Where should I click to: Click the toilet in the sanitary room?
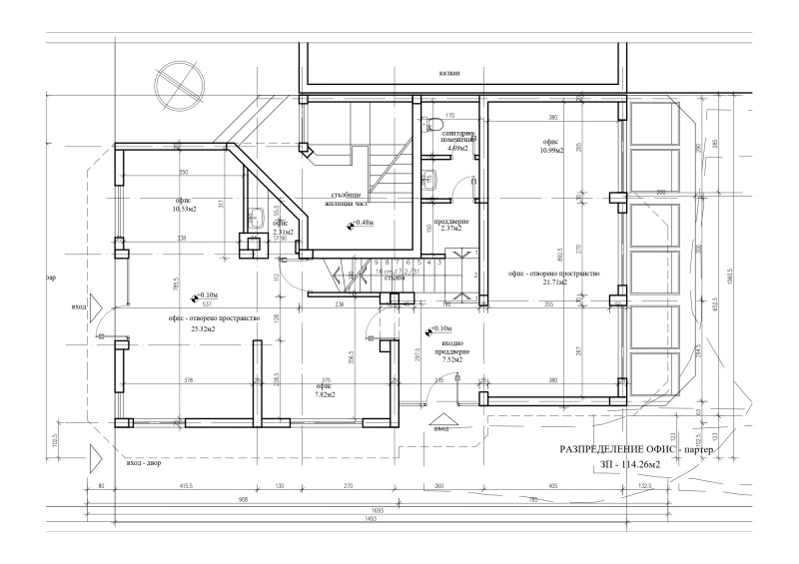click(x=428, y=126)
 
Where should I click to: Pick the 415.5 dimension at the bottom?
click(x=185, y=486)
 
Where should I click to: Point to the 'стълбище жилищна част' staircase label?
click(x=345, y=199)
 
